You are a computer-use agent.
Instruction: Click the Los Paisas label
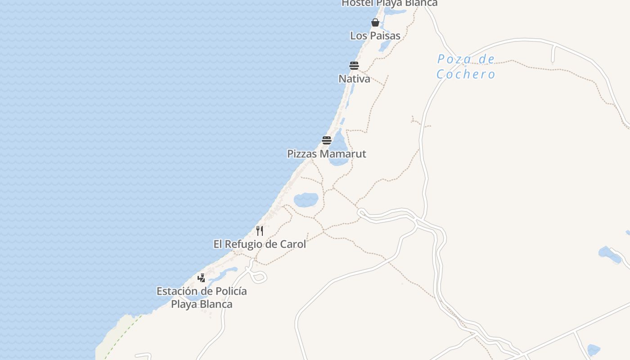(x=375, y=36)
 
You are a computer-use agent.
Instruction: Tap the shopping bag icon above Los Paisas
(x=375, y=22)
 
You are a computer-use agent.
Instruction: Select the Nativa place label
(x=354, y=79)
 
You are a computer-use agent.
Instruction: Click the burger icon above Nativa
(x=354, y=66)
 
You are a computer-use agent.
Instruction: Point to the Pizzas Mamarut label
(x=327, y=154)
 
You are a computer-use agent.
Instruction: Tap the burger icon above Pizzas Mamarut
(x=327, y=140)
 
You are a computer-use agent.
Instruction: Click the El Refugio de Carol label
(x=260, y=244)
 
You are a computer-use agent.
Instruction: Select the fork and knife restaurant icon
(x=260, y=231)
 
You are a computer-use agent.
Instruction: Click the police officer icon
(x=202, y=278)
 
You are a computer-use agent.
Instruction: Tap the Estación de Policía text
(x=202, y=291)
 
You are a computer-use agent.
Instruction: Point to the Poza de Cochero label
(x=466, y=67)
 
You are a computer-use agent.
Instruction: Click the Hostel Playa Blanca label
(x=389, y=3)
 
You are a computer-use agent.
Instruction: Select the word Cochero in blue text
(x=466, y=74)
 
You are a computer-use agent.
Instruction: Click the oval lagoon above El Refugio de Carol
(x=306, y=199)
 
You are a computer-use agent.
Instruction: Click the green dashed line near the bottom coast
(x=121, y=335)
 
